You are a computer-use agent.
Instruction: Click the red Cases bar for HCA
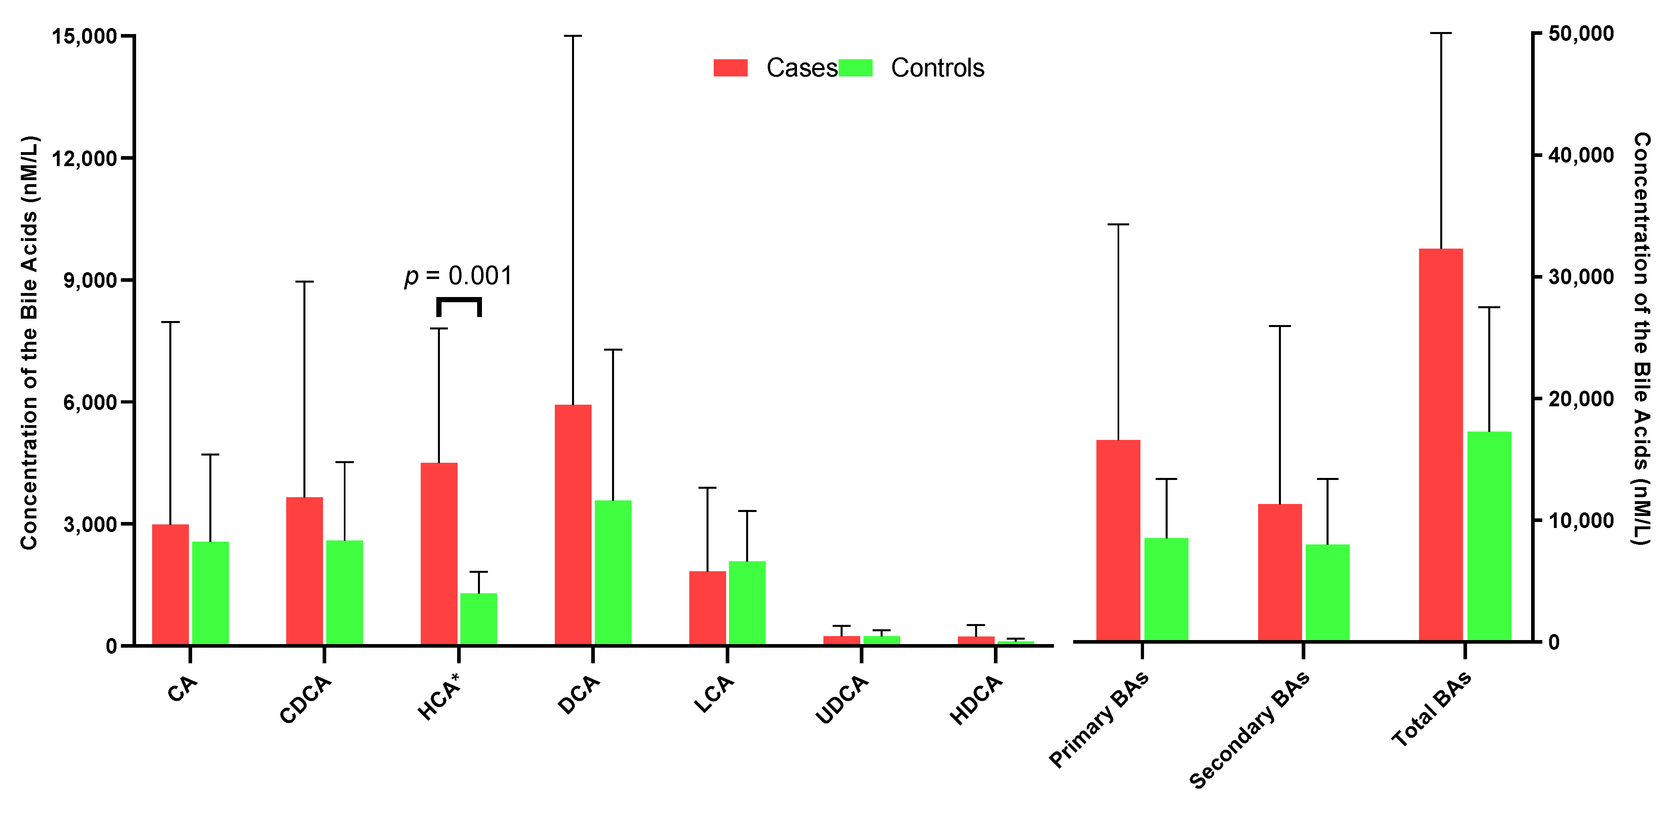tap(439, 554)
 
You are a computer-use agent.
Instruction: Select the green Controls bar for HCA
tap(479, 619)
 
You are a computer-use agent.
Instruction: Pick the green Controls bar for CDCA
tap(344, 593)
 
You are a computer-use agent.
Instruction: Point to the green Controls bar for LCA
tap(747, 603)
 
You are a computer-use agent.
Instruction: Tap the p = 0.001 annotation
tap(458, 277)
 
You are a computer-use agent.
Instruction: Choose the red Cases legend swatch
tap(731, 68)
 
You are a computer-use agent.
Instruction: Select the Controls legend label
tap(937, 68)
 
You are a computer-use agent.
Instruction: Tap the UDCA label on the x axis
tap(842, 700)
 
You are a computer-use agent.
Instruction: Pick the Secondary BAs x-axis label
tap(1249, 730)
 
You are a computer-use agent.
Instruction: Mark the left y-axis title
tap(29, 342)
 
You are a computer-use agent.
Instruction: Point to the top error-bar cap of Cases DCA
tap(573, 36)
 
